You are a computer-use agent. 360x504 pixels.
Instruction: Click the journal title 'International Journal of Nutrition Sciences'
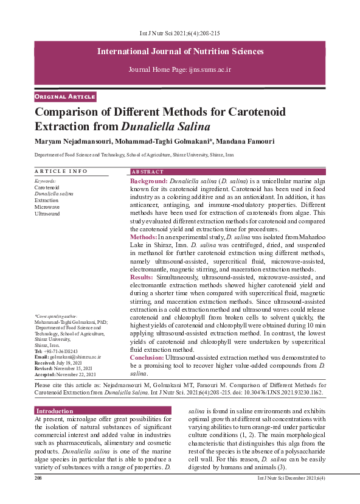click(x=180, y=51)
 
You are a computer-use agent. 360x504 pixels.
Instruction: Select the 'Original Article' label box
click(x=65, y=97)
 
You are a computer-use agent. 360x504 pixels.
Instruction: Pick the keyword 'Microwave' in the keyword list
click(x=47, y=207)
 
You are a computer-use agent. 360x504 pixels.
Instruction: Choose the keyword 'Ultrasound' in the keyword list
click(x=47, y=214)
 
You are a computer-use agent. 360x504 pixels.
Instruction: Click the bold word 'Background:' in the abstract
click(x=149, y=181)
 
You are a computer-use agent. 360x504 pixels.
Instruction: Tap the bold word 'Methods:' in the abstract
click(x=144, y=236)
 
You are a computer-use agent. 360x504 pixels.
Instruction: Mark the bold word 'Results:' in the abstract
click(x=142, y=276)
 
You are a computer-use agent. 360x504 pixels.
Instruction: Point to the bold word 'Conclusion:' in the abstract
click(x=147, y=357)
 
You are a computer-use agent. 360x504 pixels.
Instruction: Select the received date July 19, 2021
click(x=71, y=363)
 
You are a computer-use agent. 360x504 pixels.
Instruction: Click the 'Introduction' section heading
click(x=55, y=394)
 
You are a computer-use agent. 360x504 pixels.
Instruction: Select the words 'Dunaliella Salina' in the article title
click(x=165, y=127)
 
